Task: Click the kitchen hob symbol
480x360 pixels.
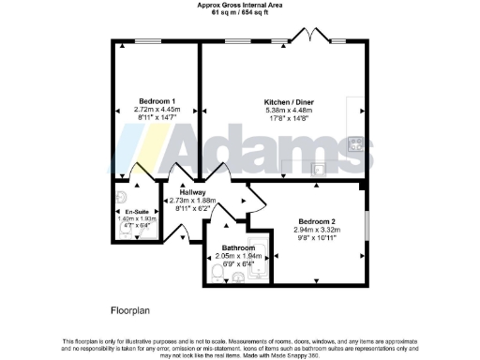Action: (x=355, y=144)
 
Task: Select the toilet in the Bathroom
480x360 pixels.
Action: (x=217, y=271)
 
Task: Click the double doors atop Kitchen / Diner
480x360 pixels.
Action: (x=309, y=37)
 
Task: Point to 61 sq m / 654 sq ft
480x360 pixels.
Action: (x=240, y=13)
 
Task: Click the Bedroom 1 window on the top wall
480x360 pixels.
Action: (x=152, y=43)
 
